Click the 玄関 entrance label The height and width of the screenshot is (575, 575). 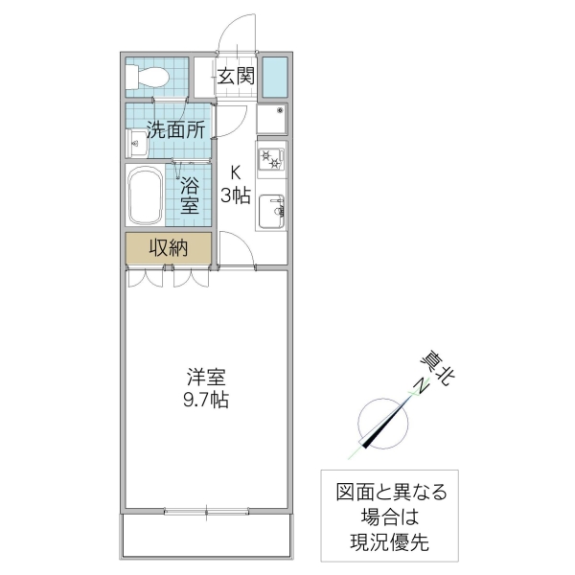(x=234, y=77)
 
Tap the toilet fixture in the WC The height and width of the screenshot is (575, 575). (x=145, y=76)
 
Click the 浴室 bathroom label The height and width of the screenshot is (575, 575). (x=190, y=195)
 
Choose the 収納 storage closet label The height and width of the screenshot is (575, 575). (x=167, y=247)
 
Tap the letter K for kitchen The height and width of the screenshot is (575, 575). (x=236, y=173)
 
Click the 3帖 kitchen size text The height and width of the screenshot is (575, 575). (x=236, y=196)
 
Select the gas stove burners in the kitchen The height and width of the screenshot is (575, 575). (x=271, y=158)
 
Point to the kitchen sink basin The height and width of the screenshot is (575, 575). (x=271, y=212)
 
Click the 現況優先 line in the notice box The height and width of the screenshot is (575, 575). (x=390, y=543)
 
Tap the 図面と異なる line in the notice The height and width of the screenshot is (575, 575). (x=391, y=494)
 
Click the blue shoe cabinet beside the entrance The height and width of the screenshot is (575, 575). (x=275, y=77)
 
